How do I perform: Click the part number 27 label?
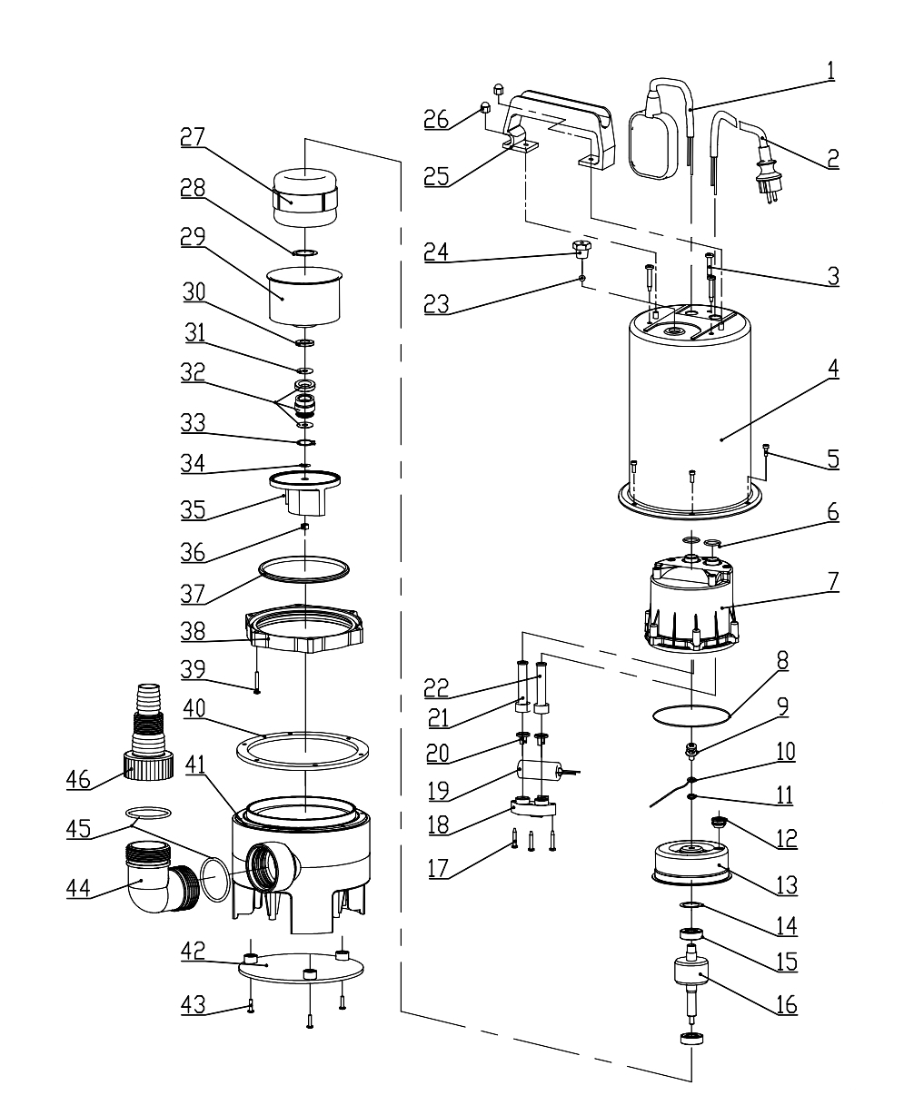coord(193,137)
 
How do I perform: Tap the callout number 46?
coord(78,779)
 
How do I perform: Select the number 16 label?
coord(786,1004)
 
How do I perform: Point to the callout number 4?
coord(833,368)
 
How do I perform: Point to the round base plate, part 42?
coord(301,967)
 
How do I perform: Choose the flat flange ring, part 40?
coord(302,750)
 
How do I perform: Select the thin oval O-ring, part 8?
coord(691,715)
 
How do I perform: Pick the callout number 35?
coord(193,510)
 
